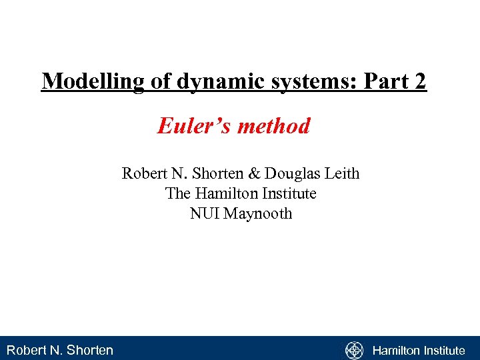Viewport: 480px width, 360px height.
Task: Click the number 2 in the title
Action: coord(419,81)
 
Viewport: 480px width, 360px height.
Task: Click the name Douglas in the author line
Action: coord(292,174)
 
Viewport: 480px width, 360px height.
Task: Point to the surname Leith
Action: coord(341,174)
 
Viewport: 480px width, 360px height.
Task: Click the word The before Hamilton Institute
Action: coord(177,194)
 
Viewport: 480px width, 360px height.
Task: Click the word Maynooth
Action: coord(258,214)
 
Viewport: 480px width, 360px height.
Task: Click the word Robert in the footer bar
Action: coord(26,350)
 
